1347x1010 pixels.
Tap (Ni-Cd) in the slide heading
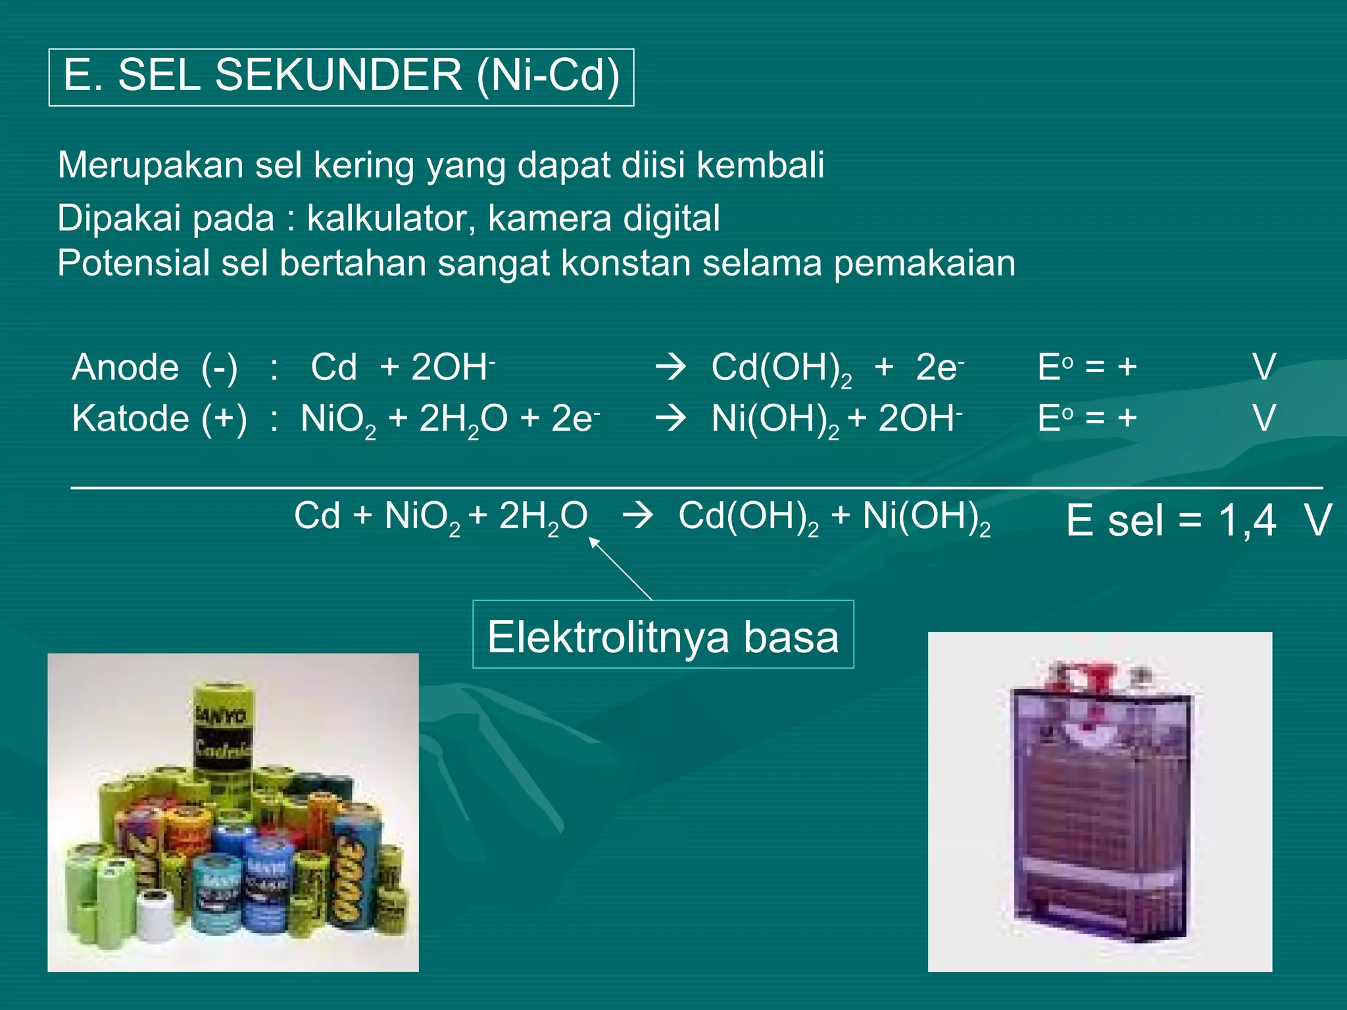(547, 75)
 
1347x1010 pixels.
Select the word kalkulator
(391, 218)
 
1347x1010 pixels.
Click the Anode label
(125, 367)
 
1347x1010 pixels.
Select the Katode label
(122, 418)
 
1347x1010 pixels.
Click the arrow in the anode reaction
(671, 367)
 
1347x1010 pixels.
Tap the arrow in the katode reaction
(671, 418)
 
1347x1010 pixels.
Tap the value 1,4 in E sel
(1247, 521)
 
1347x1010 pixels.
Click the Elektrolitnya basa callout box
(663, 635)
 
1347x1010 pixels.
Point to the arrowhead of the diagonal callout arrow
(592, 541)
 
